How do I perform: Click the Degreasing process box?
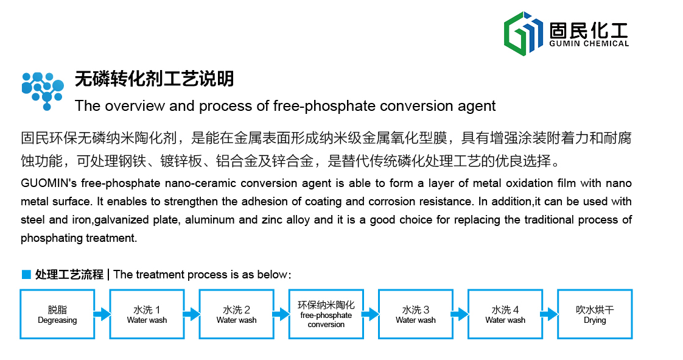57,314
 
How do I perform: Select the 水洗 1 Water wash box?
147,314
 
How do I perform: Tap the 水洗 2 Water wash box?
237,314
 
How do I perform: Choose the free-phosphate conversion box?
326,314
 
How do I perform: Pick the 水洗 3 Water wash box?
416,314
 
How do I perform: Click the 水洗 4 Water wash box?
505,314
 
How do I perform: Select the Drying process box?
595,314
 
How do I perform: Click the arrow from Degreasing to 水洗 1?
102,314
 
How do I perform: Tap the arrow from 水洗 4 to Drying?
550,314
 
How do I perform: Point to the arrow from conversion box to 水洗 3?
371,314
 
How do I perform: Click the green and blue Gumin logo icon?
523,34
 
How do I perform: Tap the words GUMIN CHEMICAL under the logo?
589,44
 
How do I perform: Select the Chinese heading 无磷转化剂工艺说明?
154,79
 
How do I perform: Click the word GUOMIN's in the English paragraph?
49,183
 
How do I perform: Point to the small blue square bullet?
27,274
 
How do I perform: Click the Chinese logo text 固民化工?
589,30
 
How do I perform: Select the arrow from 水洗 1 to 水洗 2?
192,314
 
